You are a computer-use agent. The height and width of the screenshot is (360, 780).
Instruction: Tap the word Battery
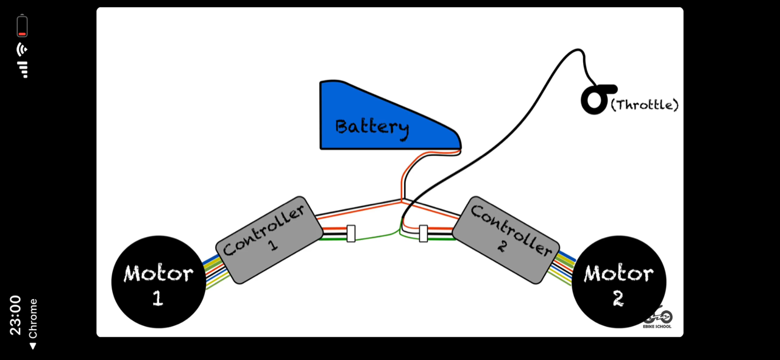(372, 127)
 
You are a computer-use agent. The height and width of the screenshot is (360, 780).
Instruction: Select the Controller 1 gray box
(269, 239)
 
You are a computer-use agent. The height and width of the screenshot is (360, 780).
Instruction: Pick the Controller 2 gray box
(506, 239)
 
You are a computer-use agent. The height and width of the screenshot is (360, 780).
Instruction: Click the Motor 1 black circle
(158, 281)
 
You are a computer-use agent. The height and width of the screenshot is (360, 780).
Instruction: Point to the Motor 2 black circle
(619, 281)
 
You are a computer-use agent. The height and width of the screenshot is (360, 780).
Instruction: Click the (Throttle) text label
(644, 105)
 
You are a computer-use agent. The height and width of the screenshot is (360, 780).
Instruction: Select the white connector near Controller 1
(351, 233)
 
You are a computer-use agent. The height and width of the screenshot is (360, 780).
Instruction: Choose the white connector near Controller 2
(424, 233)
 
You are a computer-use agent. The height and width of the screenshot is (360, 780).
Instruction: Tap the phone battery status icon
(23, 26)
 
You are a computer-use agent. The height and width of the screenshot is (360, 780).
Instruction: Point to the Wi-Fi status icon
(23, 49)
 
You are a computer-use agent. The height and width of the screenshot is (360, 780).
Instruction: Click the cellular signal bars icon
(23, 69)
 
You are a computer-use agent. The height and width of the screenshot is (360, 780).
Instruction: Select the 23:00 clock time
(15, 315)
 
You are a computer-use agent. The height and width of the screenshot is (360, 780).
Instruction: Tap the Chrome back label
(33, 323)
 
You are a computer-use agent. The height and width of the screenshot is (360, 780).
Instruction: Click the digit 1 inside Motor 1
(158, 298)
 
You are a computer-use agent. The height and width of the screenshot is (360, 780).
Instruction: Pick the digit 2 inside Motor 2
(618, 298)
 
